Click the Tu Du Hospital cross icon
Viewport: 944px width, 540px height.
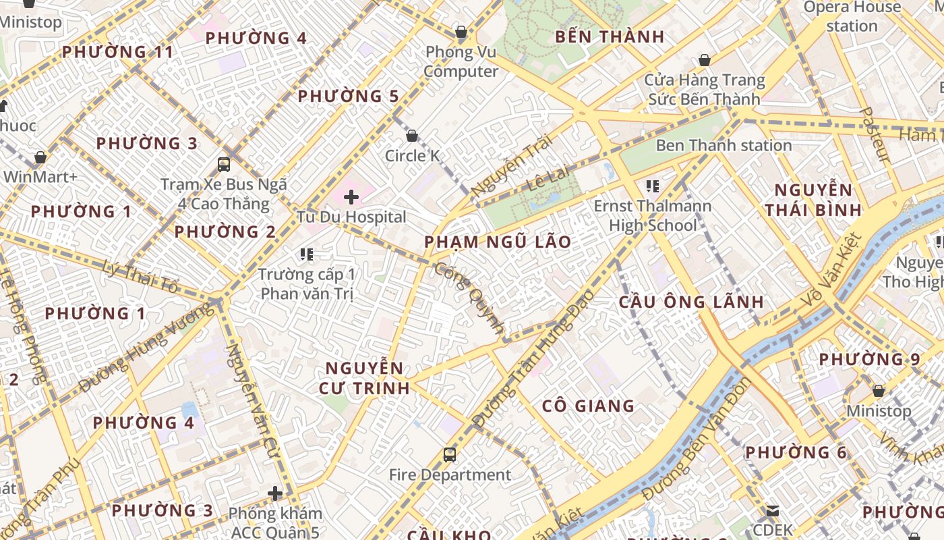[351, 197]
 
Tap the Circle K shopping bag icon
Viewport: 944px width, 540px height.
[411, 136]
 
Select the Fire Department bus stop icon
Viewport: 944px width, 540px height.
[450, 455]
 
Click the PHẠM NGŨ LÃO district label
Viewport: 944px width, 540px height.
[498, 242]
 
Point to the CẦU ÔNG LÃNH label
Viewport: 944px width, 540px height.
[691, 302]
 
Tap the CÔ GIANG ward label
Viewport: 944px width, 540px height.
[589, 406]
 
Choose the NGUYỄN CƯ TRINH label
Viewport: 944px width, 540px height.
[365, 378]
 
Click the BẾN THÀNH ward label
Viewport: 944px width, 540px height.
[610, 36]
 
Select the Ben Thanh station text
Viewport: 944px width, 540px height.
[724, 145]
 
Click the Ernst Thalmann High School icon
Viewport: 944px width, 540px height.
[652, 186]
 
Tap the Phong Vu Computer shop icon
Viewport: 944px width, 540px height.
[461, 32]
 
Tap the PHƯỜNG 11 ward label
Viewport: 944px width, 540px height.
[117, 52]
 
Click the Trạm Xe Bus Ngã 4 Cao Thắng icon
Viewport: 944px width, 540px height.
[224, 164]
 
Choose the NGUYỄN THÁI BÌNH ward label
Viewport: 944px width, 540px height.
[813, 199]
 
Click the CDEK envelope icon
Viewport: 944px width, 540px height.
[773, 512]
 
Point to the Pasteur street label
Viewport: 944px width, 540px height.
[876, 134]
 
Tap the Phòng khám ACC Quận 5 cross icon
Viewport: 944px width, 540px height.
[275, 493]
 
